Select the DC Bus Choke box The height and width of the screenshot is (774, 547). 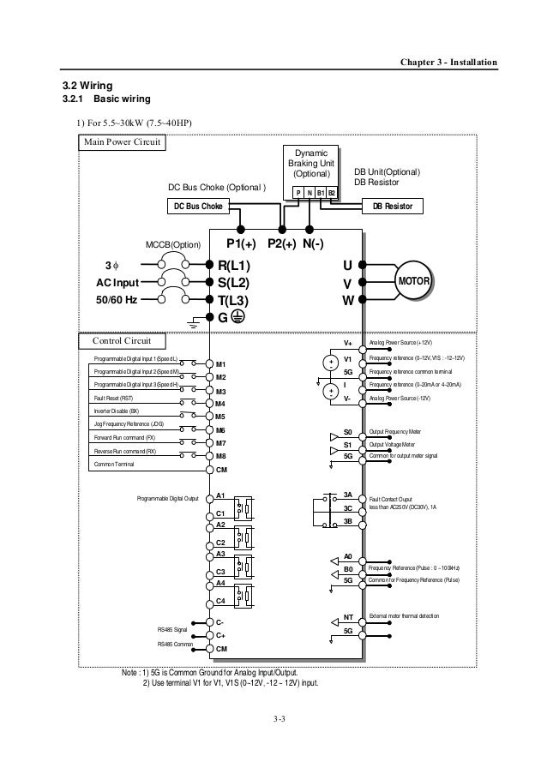point(198,207)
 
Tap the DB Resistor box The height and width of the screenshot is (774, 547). point(387,207)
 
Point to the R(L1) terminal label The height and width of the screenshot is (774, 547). point(232,266)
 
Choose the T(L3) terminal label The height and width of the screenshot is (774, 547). point(232,300)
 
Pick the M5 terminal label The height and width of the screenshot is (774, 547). point(220,417)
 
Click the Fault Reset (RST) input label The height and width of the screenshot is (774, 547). point(114,399)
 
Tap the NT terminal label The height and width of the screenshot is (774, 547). point(348,617)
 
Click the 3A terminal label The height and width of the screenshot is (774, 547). point(348,495)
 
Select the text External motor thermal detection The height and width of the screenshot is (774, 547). point(403,616)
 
